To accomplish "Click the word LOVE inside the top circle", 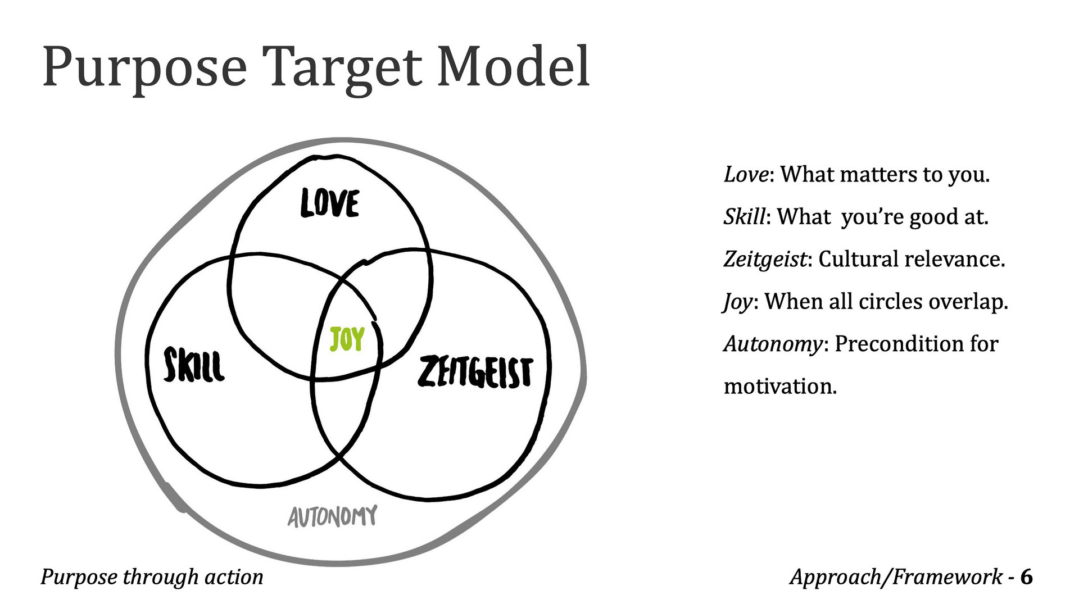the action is click(330, 203).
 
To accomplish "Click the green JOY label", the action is click(347, 339).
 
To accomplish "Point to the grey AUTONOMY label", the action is click(332, 516).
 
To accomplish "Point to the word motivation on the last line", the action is click(780, 386).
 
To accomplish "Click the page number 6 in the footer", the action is click(1026, 577).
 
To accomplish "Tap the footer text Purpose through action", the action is click(152, 578).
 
